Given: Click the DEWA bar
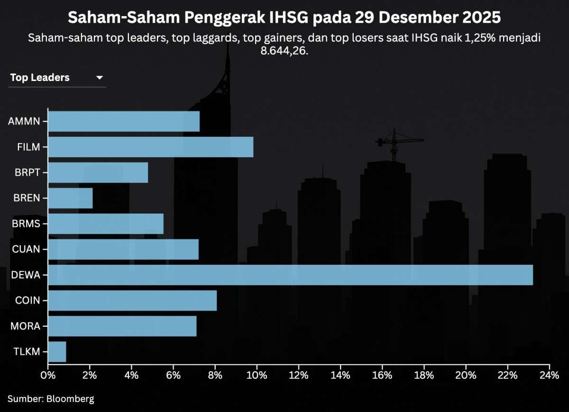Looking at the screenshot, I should coord(290,275).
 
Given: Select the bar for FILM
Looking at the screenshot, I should coord(150,147).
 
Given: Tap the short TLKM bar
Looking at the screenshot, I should coord(57,352).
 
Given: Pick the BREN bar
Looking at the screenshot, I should coord(70,198).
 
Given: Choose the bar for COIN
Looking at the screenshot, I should coord(132,301).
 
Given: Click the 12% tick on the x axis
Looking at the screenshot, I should coord(299,376).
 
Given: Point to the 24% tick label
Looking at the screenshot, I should coord(549,376).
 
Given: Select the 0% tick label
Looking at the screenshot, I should coord(48,376).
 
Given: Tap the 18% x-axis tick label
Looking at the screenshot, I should coord(424,376).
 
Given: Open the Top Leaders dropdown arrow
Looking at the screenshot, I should coord(100,78).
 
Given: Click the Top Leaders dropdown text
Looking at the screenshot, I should coord(40,78).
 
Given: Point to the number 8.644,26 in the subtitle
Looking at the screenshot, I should coord(284,51).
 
